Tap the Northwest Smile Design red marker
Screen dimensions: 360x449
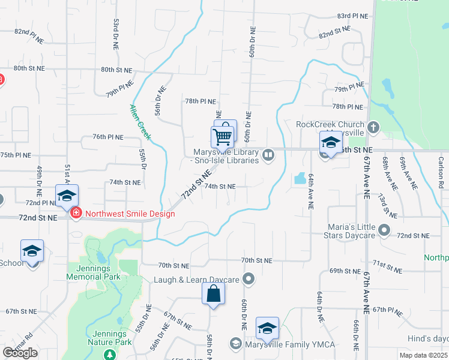point(76,212)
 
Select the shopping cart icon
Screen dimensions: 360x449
point(222,137)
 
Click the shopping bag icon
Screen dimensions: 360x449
point(213,294)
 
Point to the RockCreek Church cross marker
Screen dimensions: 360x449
point(373,127)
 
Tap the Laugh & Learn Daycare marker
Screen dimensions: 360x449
point(250,279)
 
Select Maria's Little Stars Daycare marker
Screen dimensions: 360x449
point(385,229)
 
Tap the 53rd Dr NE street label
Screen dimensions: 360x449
point(114,34)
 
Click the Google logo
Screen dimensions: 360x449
point(19,352)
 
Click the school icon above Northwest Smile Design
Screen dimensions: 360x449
point(67,196)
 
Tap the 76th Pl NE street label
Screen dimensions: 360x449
point(107,137)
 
